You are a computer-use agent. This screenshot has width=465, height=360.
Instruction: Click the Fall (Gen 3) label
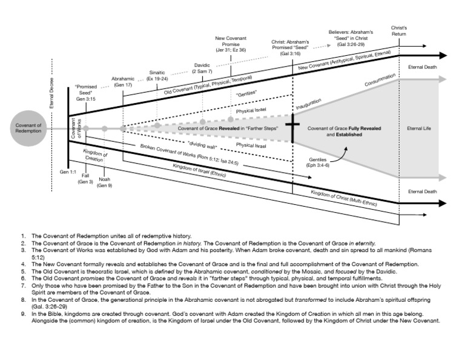(x=85, y=178)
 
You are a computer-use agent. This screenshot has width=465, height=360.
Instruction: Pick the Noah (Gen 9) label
(x=105, y=182)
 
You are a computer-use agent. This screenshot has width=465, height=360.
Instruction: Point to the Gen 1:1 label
(x=67, y=173)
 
